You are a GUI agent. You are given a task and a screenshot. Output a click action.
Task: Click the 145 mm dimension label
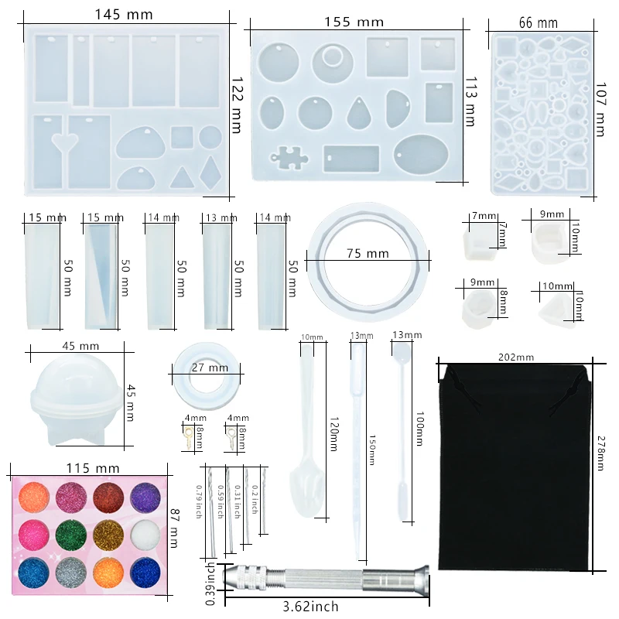coord(124,15)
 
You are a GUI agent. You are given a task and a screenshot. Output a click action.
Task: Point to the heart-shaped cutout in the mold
coord(60,140)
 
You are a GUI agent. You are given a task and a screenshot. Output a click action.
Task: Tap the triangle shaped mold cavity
coord(182,177)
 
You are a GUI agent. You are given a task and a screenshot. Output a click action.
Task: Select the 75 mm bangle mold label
coord(368,254)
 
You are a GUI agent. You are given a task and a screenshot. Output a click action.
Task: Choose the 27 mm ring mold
coord(209,369)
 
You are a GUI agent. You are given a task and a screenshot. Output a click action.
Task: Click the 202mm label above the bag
coord(516,357)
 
